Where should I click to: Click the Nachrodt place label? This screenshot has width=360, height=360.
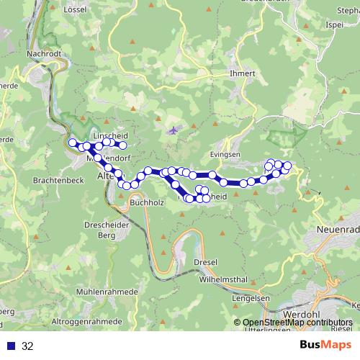[41, 53]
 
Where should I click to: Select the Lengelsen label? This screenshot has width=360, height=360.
[251, 297]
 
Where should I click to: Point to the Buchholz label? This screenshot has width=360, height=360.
[147, 204]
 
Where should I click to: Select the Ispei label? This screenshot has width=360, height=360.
[334, 24]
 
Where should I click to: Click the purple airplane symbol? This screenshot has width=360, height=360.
[172, 130]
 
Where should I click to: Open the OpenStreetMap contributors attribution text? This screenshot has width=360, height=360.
[297, 323]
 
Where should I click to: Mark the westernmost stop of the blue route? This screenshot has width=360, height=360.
[72, 143]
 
